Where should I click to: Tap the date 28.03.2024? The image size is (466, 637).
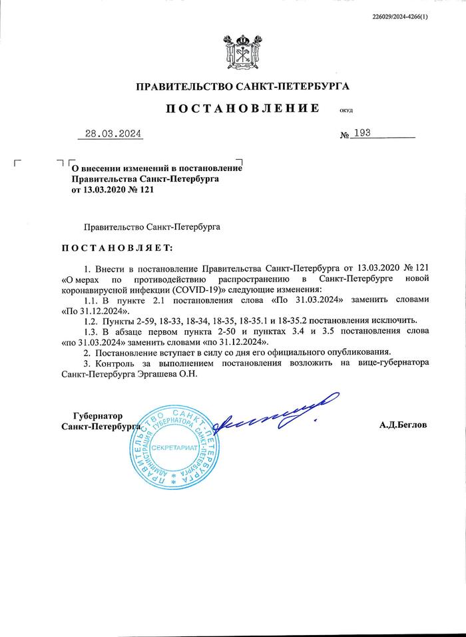[x=114, y=134]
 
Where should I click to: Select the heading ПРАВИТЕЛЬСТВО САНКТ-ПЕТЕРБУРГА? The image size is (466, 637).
[x=242, y=86]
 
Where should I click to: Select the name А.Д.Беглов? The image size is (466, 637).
[x=403, y=424]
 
